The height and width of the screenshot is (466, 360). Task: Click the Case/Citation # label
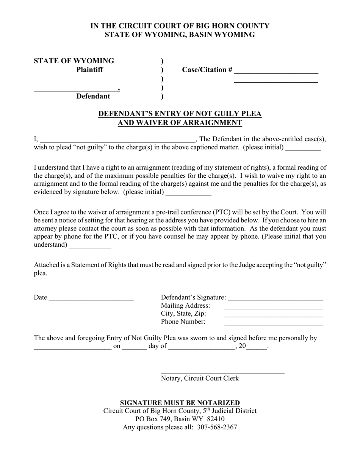[207, 70]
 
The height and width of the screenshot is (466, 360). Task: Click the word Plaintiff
[89, 70]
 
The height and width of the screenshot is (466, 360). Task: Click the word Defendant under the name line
[93, 96]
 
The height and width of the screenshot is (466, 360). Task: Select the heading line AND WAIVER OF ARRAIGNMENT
[180, 123]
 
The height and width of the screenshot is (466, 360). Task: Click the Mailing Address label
[185, 306]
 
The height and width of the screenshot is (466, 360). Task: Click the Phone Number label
[183, 322]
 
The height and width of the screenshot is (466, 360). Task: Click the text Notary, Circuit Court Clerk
[200, 378]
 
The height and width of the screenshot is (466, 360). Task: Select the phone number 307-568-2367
[217, 427]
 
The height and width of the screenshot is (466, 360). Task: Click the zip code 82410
[216, 419]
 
